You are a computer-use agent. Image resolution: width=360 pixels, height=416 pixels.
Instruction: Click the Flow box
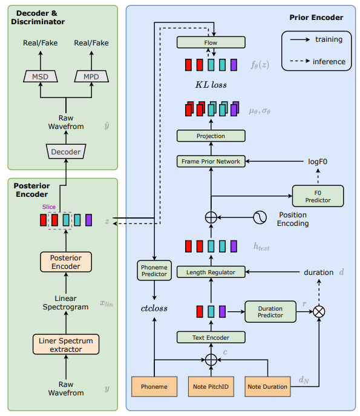click(211, 42)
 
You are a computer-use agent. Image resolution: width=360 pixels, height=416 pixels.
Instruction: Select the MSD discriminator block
click(41, 76)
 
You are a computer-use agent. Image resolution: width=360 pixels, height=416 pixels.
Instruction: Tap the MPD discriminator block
click(91, 76)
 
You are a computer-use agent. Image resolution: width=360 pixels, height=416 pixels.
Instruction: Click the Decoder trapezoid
click(66, 151)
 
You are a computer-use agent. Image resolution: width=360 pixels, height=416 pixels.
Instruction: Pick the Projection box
click(211, 136)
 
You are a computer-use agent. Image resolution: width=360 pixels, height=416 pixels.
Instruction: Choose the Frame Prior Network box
click(211, 161)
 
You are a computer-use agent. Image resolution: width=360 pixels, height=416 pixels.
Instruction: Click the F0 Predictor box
click(318, 196)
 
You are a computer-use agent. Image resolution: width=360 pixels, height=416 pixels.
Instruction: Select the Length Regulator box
click(211, 272)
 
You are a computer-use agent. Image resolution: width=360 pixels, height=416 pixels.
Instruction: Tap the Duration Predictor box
click(270, 312)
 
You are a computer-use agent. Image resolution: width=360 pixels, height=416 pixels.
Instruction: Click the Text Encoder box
click(211, 337)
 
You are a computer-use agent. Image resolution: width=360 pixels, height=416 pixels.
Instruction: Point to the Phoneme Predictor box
click(154, 270)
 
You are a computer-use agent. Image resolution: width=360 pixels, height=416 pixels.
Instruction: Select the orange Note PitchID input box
click(211, 386)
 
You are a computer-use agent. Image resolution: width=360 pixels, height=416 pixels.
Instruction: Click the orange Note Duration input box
click(267, 386)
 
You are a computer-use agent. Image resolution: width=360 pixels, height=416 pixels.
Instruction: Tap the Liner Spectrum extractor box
click(66, 345)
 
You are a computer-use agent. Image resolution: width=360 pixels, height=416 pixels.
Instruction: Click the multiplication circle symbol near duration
click(319, 311)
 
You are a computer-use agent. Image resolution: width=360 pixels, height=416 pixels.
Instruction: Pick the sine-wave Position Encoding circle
click(260, 217)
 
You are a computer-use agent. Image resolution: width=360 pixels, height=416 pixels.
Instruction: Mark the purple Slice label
click(49, 206)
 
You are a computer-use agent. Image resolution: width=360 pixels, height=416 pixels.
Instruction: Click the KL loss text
click(211, 85)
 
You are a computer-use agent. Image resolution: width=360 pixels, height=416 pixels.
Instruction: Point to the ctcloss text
click(154, 308)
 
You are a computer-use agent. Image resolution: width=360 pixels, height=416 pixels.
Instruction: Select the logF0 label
click(318, 162)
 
